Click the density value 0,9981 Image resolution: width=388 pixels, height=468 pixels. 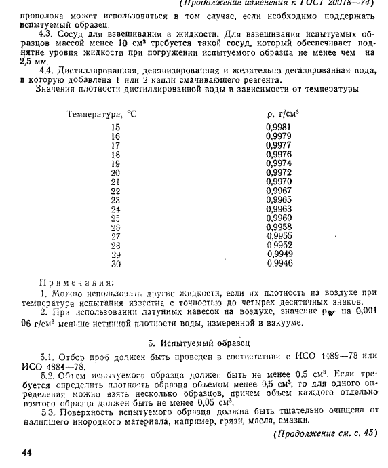tap(279, 128)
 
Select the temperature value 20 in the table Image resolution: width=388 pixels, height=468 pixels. tap(115, 173)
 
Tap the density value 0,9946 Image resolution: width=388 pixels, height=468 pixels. tap(279, 262)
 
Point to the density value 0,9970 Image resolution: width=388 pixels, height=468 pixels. tap(279, 182)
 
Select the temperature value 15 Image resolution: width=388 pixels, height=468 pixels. tap(115, 128)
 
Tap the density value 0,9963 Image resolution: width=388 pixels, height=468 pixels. tap(279, 209)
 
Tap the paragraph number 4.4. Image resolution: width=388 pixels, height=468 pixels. tap(47, 70)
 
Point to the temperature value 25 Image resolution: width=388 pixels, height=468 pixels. tap(115, 218)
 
